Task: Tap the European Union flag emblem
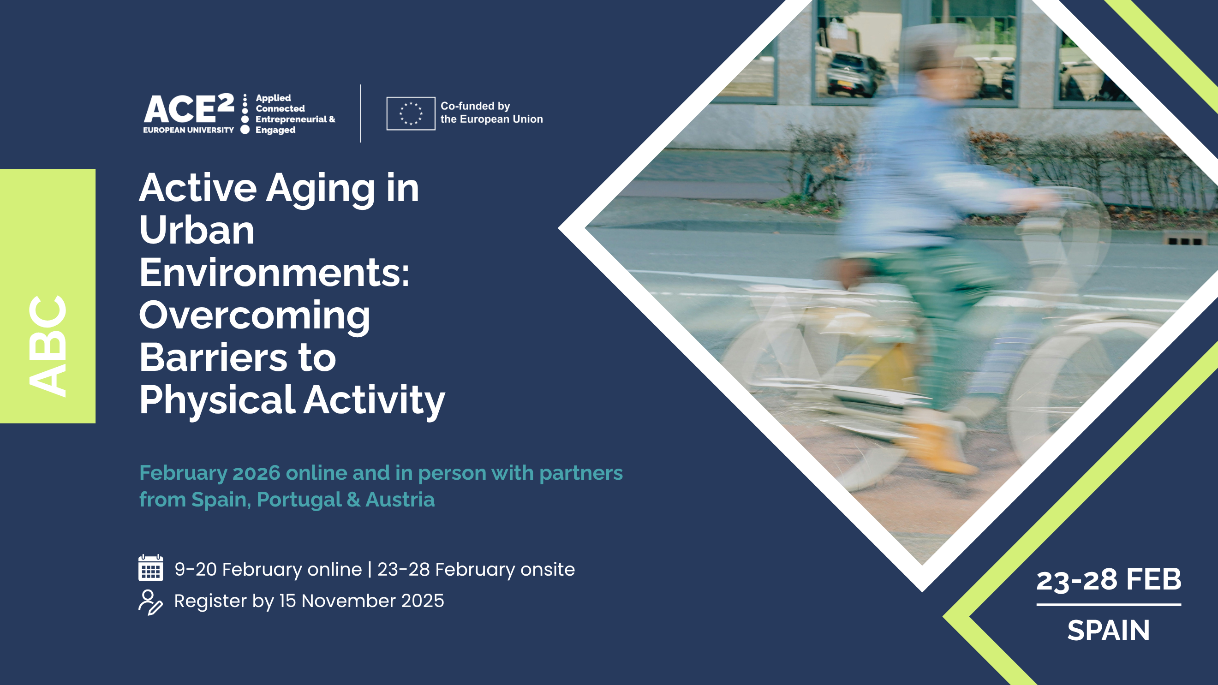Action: pos(411,113)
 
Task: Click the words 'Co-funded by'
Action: pos(475,106)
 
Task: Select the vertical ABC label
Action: pos(47,345)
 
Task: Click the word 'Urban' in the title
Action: pos(197,230)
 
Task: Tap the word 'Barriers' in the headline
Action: pos(213,357)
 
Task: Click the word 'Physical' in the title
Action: pos(217,400)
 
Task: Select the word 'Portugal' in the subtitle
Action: pos(299,500)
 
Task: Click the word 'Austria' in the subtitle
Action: pos(400,500)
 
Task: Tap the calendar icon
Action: pos(151,568)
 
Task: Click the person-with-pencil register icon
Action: pos(150,602)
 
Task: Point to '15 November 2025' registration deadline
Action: pos(362,601)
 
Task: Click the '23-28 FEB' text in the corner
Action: pos(1109,579)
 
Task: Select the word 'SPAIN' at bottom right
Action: pos(1109,630)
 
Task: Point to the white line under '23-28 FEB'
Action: pos(1109,605)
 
